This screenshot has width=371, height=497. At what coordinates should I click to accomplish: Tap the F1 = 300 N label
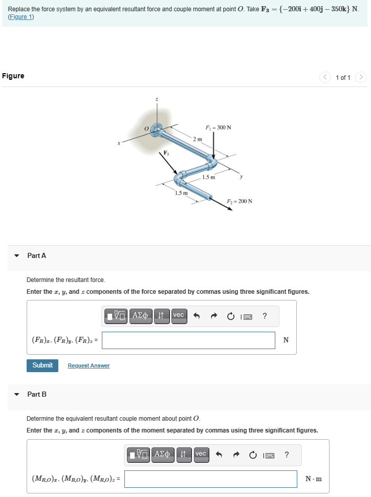coord(218,127)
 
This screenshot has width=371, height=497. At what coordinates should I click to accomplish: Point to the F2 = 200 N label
coord(239,201)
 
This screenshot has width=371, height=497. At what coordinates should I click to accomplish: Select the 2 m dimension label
coord(198,139)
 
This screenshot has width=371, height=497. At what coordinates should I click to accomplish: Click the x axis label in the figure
coord(119,144)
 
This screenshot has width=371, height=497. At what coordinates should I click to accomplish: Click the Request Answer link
coord(89,365)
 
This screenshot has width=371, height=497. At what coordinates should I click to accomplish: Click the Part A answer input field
coord(188,340)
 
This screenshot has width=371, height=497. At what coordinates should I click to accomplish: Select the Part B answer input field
coord(210,479)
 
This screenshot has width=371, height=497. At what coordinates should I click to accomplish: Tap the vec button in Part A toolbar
coord(178,315)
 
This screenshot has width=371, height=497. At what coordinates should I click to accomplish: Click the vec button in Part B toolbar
coord(201,454)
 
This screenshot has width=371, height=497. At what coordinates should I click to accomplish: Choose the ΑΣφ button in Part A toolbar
coord(141,315)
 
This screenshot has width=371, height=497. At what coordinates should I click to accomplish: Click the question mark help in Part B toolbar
coord(287,454)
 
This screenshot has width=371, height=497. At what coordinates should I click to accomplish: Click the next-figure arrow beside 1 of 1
coord(361,77)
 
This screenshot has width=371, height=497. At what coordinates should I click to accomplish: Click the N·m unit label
coord(313,479)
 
